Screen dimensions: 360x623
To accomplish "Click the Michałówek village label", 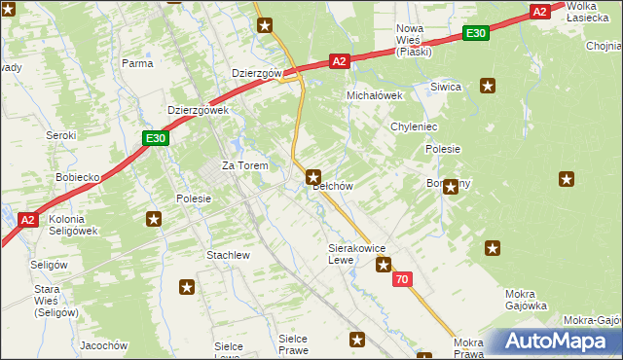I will click(375, 96).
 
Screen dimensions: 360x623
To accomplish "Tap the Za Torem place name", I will click(244, 165).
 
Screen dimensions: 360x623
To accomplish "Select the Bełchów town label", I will click(332, 185).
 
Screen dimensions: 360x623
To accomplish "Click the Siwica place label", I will click(446, 87).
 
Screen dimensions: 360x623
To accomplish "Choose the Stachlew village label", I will click(229, 255).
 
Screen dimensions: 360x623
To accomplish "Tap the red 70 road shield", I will click(403, 280).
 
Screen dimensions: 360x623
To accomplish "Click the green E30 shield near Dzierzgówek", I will click(156, 138).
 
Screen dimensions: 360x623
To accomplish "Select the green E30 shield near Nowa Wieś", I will click(475, 34).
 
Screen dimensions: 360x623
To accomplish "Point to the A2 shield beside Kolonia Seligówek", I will click(27, 220).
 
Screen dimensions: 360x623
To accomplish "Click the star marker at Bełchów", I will click(313, 177).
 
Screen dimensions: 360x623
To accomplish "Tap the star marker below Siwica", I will click(488, 86).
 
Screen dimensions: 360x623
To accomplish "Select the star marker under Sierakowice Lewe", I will click(384, 265).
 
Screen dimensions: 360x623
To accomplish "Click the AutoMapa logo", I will click(554, 341).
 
